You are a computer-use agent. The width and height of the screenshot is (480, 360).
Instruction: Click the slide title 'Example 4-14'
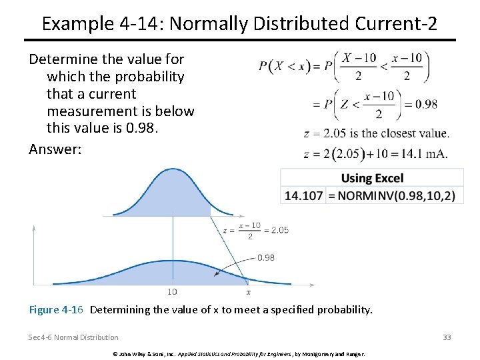point(239,23)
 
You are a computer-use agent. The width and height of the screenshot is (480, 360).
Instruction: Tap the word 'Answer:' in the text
point(55,149)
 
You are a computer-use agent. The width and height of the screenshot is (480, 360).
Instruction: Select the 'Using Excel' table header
point(372,179)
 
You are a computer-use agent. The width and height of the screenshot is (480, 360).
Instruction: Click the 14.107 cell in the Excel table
point(304,195)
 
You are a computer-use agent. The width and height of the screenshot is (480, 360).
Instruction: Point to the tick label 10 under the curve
point(172,291)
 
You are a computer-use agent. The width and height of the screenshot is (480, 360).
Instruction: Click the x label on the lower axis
point(248,291)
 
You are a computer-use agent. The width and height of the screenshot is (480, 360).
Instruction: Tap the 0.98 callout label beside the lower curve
point(266,257)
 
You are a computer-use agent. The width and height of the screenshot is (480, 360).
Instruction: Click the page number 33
point(447,337)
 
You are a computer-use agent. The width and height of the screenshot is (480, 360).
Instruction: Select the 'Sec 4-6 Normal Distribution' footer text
point(73,337)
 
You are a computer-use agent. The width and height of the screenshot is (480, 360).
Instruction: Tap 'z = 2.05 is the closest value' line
point(375,133)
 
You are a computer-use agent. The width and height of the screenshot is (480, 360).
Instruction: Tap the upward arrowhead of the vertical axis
point(34,228)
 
